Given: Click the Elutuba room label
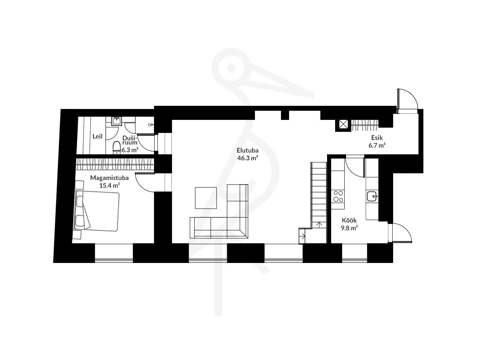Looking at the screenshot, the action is tap(248, 150).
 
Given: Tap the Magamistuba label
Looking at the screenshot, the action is tap(109, 178).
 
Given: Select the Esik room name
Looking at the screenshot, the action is tap(377, 138).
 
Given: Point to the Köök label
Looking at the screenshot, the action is tap(349, 220).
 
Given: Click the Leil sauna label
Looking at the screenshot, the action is tap(97, 136).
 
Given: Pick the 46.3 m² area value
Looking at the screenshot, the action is tap(248, 158).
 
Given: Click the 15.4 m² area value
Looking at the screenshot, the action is tap(110, 186).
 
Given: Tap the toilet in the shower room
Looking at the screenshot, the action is tap(116, 148).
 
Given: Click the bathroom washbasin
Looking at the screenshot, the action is tap(116, 121).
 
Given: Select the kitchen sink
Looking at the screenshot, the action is tap(372, 196).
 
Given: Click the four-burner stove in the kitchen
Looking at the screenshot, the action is tap(338, 196).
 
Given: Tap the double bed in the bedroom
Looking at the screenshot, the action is tap(96, 211).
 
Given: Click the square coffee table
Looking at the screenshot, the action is tap(206, 198).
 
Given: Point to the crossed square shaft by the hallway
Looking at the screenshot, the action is tap(343, 125).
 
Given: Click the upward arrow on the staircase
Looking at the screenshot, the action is tap(319, 225).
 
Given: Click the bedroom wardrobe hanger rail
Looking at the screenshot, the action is tap(115, 165).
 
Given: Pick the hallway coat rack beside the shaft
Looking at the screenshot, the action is tap(365, 126).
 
